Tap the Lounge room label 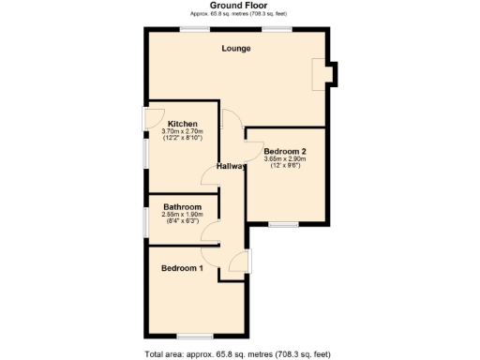point(235,48)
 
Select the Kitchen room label point(181,124)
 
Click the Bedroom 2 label point(285,151)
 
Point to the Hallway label point(232,167)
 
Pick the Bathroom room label point(182,206)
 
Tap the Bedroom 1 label point(182,268)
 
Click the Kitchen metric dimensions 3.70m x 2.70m point(181,132)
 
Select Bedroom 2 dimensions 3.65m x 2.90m point(285,159)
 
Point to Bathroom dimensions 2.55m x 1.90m point(182,215)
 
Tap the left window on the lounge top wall point(195,29)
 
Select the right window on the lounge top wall point(276,29)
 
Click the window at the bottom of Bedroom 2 point(282,225)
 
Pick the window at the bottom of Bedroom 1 point(194,336)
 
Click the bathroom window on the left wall point(145,221)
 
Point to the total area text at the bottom point(237,353)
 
